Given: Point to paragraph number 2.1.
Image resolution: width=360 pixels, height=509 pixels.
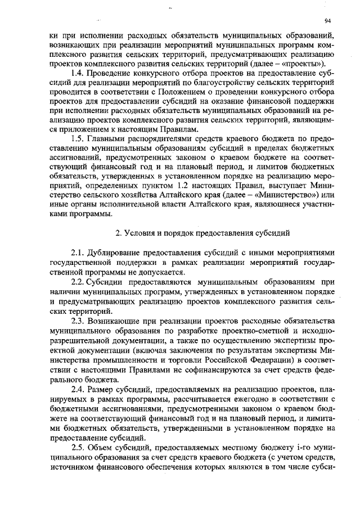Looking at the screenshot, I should coord(78,254).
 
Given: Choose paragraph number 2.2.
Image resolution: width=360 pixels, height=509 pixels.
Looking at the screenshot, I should coord(78,281).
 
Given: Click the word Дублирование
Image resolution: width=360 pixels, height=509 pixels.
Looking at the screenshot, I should coord(114,254).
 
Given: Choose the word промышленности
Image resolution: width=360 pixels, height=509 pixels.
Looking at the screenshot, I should coord(125,363).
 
